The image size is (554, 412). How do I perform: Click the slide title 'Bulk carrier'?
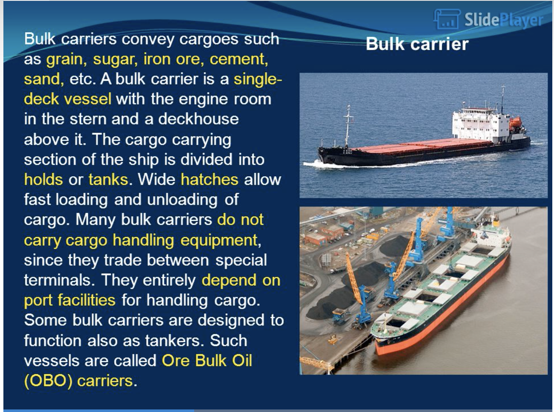[417, 44]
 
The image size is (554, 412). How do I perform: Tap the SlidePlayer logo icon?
[447, 19]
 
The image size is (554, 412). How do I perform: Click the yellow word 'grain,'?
[66, 60]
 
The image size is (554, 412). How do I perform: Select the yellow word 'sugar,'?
[115, 60]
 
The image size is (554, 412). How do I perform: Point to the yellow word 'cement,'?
[239, 59]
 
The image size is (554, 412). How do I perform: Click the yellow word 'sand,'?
[44, 79]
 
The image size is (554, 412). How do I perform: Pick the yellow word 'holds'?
[43, 179]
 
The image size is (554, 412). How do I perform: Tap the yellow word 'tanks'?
[108, 179]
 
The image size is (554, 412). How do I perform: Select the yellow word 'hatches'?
[209, 179]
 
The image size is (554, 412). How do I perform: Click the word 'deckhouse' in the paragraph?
[198, 119]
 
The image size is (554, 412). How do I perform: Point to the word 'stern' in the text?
[88, 119]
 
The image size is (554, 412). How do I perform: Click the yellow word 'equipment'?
[219, 241]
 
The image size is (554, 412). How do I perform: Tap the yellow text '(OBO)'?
[48, 381]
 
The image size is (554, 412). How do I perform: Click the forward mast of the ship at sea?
[348, 126]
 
